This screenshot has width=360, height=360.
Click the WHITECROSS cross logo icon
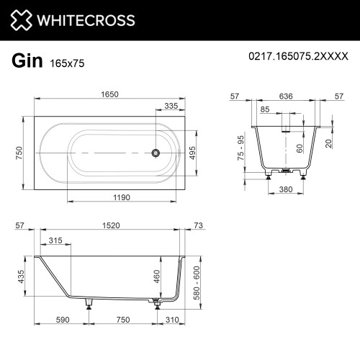pyautogui.click(x=21, y=20)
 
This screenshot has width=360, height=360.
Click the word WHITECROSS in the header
pyautogui.click(x=86, y=20)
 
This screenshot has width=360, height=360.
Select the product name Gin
pyautogui.click(x=27, y=61)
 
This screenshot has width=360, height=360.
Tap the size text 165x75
pyautogui.click(x=67, y=63)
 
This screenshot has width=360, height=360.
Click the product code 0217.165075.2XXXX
pyautogui.click(x=298, y=56)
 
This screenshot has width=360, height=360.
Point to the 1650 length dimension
pyautogui.click(x=109, y=94)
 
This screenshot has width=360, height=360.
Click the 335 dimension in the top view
pyautogui.click(x=171, y=106)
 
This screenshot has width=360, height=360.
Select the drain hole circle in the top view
pyautogui.click(x=156, y=153)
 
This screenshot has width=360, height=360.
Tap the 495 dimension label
pyautogui.click(x=192, y=153)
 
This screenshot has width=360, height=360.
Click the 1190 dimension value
pyautogui.click(x=122, y=197)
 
